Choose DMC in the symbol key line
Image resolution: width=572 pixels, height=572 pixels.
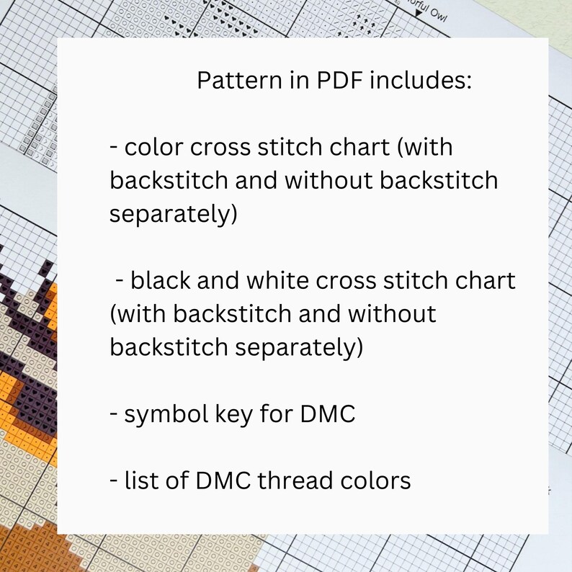click(328, 415)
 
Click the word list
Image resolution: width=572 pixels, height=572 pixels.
click(140, 480)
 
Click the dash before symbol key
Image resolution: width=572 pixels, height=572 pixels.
click(114, 416)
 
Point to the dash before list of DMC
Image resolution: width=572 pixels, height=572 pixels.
click(114, 481)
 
